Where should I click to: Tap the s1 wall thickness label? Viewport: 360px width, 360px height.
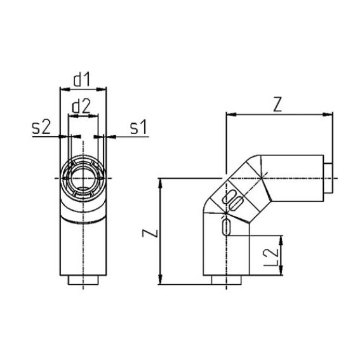point(138,127)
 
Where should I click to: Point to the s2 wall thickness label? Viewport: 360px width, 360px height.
point(41,127)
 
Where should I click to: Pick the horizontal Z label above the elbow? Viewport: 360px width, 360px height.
point(277,105)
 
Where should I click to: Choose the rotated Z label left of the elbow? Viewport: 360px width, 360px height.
point(147,232)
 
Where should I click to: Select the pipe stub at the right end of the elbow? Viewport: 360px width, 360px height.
point(328,180)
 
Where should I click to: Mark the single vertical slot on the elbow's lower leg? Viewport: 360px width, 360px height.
point(226,227)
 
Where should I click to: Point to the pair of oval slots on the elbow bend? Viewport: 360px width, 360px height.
point(234,200)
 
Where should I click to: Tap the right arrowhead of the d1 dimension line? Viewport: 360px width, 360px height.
point(103,90)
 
